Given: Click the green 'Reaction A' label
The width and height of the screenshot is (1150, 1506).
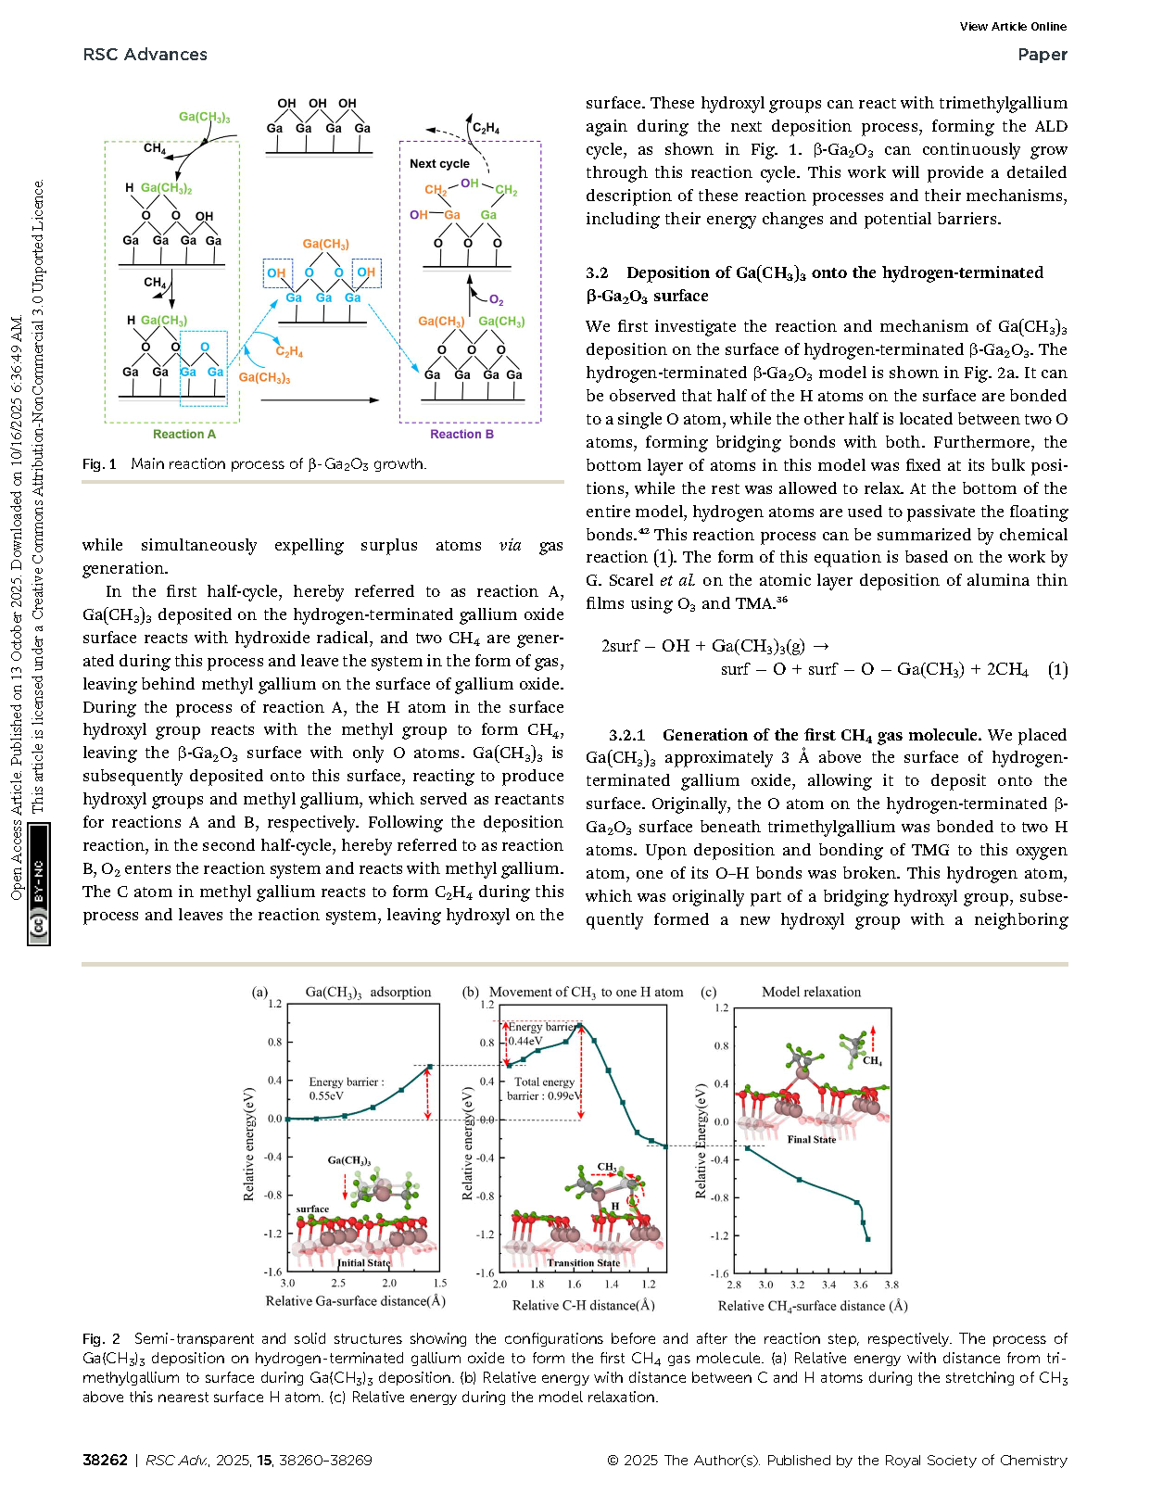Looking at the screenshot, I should click(184, 434).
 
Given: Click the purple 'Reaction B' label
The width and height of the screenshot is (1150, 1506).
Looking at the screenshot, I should click(461, 434).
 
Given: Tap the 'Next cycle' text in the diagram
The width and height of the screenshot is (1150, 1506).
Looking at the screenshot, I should click(439, 164).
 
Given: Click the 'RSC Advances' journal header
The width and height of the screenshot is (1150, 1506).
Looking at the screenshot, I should click(145, 55).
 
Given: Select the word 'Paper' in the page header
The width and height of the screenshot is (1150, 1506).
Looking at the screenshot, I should click(1042, 55).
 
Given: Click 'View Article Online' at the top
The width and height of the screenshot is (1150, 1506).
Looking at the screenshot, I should click(1013, 27).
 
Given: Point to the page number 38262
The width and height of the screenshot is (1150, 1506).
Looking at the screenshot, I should click(105, 1460).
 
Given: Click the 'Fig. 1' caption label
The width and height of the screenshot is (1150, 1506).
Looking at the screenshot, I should click(99, 463).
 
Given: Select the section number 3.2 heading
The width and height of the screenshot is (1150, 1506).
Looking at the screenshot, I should click(597, 272).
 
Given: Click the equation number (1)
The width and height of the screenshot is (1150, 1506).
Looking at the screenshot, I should click(1057, 669).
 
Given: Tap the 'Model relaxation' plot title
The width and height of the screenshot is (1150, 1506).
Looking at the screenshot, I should click(811, 992).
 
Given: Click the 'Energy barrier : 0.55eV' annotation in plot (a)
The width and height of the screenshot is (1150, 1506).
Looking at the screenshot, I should click(346, 1088).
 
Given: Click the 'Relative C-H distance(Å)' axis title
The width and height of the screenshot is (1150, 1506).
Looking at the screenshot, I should click(583, 1305).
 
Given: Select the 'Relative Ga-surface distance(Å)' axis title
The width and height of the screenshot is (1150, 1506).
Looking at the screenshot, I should click(356, 1301).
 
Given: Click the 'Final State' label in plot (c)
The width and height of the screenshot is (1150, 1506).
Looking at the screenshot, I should click(811, 1139).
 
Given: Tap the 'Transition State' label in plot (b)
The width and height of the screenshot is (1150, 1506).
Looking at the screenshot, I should click(583, 1262).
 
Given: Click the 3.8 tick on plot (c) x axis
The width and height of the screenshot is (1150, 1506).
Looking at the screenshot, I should click(891, 1285).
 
